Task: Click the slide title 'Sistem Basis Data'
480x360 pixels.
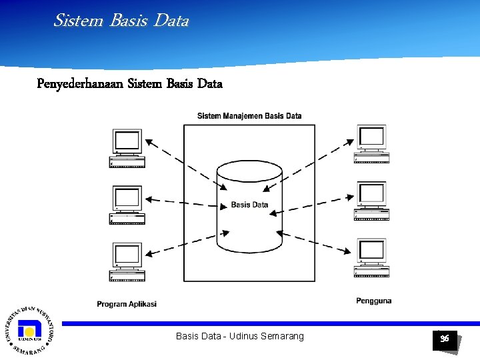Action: tap(121, 21)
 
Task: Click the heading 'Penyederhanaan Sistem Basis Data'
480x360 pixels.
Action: tap(130, 84)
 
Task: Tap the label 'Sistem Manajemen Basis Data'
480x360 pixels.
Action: tap(249, 116)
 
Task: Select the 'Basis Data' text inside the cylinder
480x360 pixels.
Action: tap(249, 205)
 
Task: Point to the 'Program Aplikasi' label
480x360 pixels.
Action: tap(127, 304)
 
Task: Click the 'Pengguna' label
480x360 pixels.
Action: tap(374, 301)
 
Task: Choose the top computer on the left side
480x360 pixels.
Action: tap(127, 148)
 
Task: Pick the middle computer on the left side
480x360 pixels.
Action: tap(127, 205)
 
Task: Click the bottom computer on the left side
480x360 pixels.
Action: tap(127, 262)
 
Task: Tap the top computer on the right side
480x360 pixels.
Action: tap(371, 144)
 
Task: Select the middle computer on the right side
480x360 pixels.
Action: tap(371, 201)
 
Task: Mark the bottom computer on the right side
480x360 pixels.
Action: tap(371, 258)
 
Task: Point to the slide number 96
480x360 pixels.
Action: tap(445, 339)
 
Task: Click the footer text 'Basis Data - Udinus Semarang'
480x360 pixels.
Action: tap(239, 336)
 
